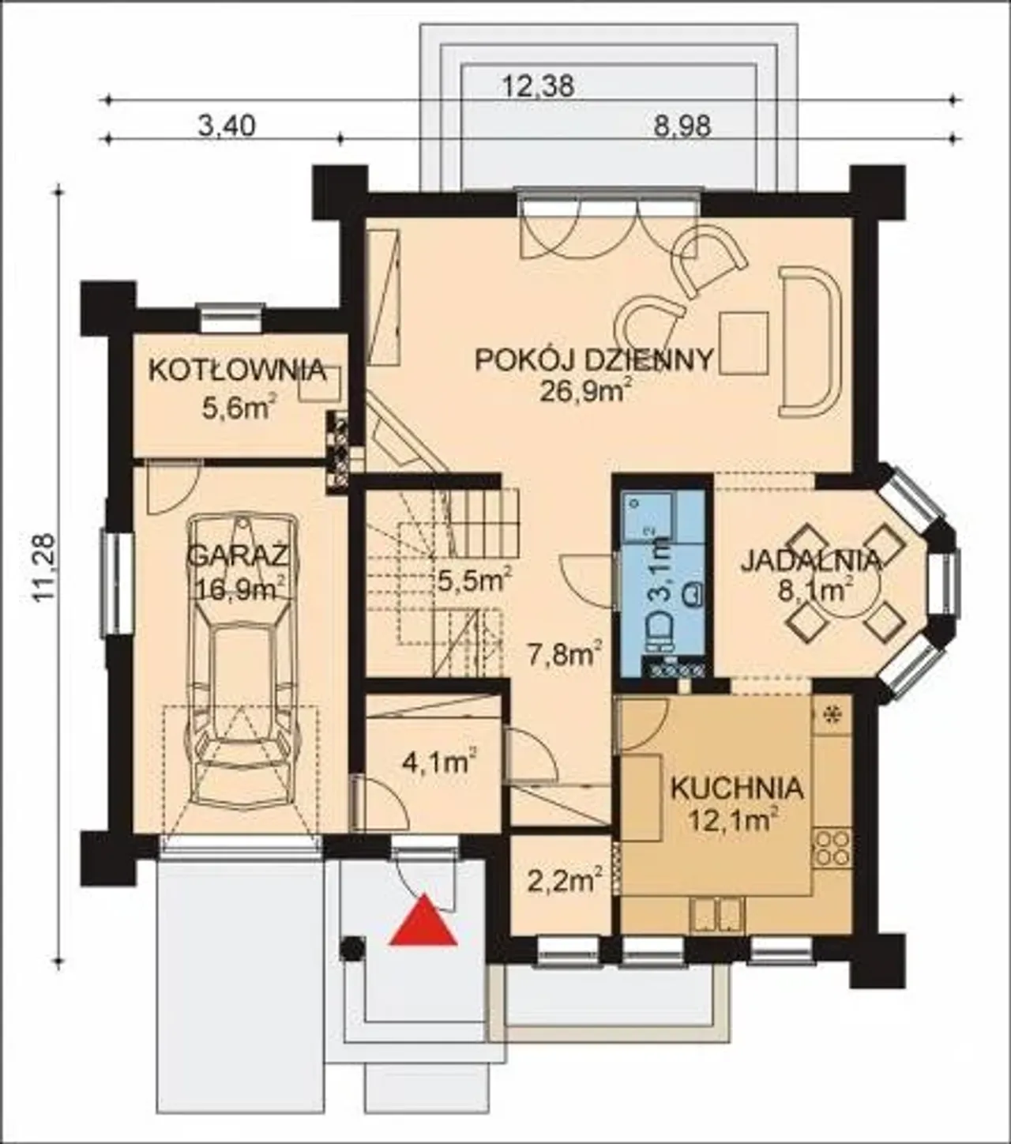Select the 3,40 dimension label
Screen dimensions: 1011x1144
227,126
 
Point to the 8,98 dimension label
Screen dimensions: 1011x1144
682,126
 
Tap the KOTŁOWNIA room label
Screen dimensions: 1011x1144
237,371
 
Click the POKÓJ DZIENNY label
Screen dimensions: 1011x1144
595,359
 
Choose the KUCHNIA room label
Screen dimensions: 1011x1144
737,788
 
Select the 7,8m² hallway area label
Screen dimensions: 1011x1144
563,656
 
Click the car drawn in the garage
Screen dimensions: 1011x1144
242,662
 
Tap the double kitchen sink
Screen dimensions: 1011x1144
716,914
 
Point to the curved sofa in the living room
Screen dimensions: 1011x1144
811,342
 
